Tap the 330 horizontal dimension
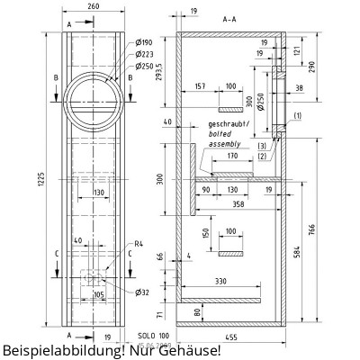[220, 282]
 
